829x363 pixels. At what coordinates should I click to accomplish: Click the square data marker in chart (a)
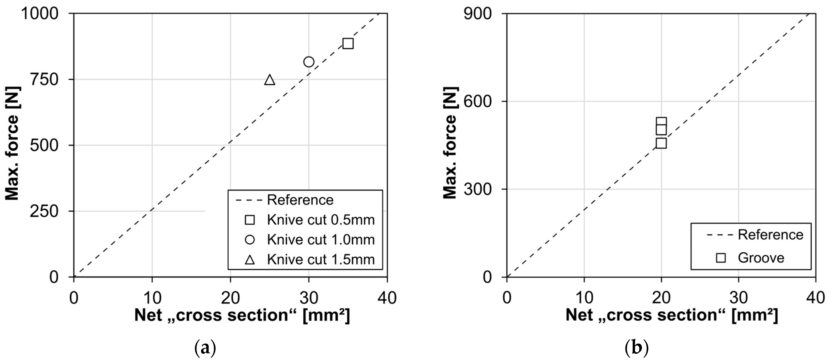pos(348,43)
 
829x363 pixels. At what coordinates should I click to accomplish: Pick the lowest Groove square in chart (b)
pos(661,143)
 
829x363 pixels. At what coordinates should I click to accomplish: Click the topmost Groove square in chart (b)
pos(661,122)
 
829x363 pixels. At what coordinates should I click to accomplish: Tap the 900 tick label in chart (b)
pos(478,14)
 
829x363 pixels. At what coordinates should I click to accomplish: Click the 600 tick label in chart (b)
pos(478,101)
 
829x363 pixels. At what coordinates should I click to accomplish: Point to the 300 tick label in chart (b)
pos(478,189)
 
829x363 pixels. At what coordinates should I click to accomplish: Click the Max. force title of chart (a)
pos(12,143)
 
